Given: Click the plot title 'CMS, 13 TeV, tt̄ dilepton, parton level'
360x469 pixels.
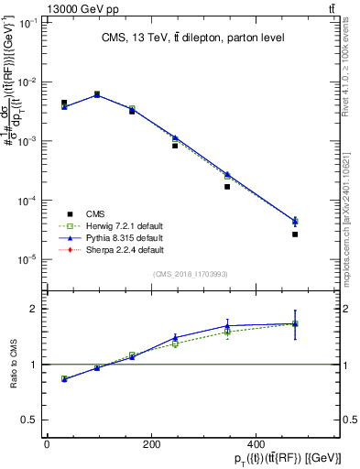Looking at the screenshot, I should pyautogui.click(x=191, y=38).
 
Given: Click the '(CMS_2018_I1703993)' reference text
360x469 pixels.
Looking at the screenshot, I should pyautogui.click(x=192, y=273).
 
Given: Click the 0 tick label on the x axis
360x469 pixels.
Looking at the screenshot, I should pyautogui.click(x=47, y=442).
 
